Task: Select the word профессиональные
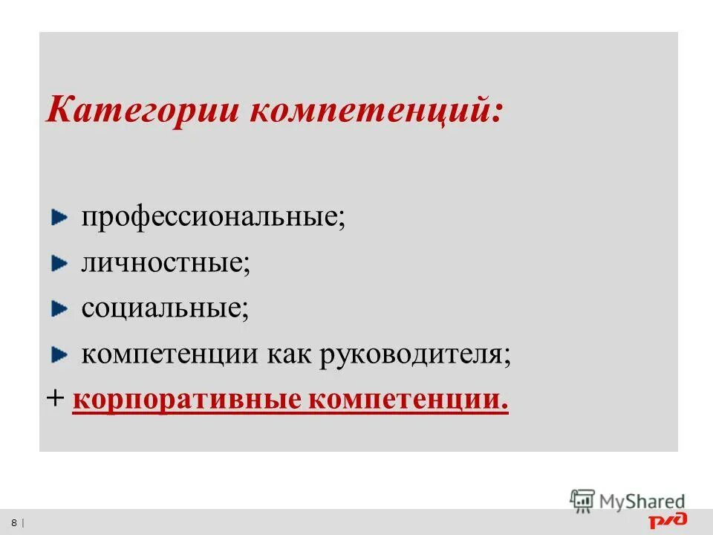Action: tap(213, 218)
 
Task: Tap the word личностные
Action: tap(165, 264)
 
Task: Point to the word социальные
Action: tap(165, 308)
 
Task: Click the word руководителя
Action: tap(415, 354)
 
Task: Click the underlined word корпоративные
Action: tap(186, 400)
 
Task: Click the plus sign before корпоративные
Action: tap(55, 399)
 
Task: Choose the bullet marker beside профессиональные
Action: tap(59, 218)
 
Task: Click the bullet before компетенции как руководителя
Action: tap(59, 354)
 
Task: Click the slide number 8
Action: tap(14, 522)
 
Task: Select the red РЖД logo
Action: tap(668, 520)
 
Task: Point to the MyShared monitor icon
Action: tap(583, 500)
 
